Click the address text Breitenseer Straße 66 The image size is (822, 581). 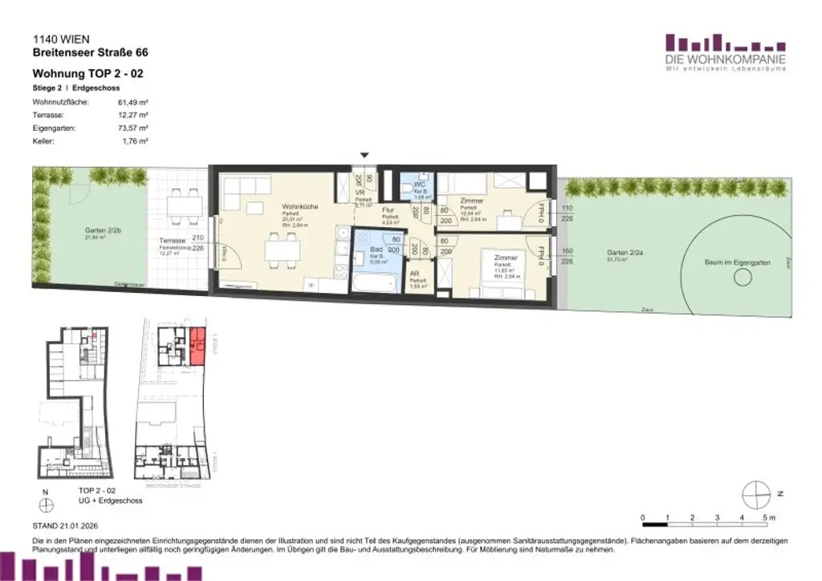pyautogui.click(x=90, y=53)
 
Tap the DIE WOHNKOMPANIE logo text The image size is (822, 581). pyautogui.click(x=725, y=60)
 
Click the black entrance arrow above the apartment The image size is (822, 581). pyautogui.click(x=365, y=155)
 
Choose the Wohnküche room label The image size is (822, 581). pyautogui.click(x=299, y=206)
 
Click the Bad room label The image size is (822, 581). pyautogui.click(x=374, y=250)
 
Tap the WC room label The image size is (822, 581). pyautogui.click(x=418, y=185)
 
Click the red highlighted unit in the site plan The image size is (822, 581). pyautogui.click(x=197, y=346)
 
